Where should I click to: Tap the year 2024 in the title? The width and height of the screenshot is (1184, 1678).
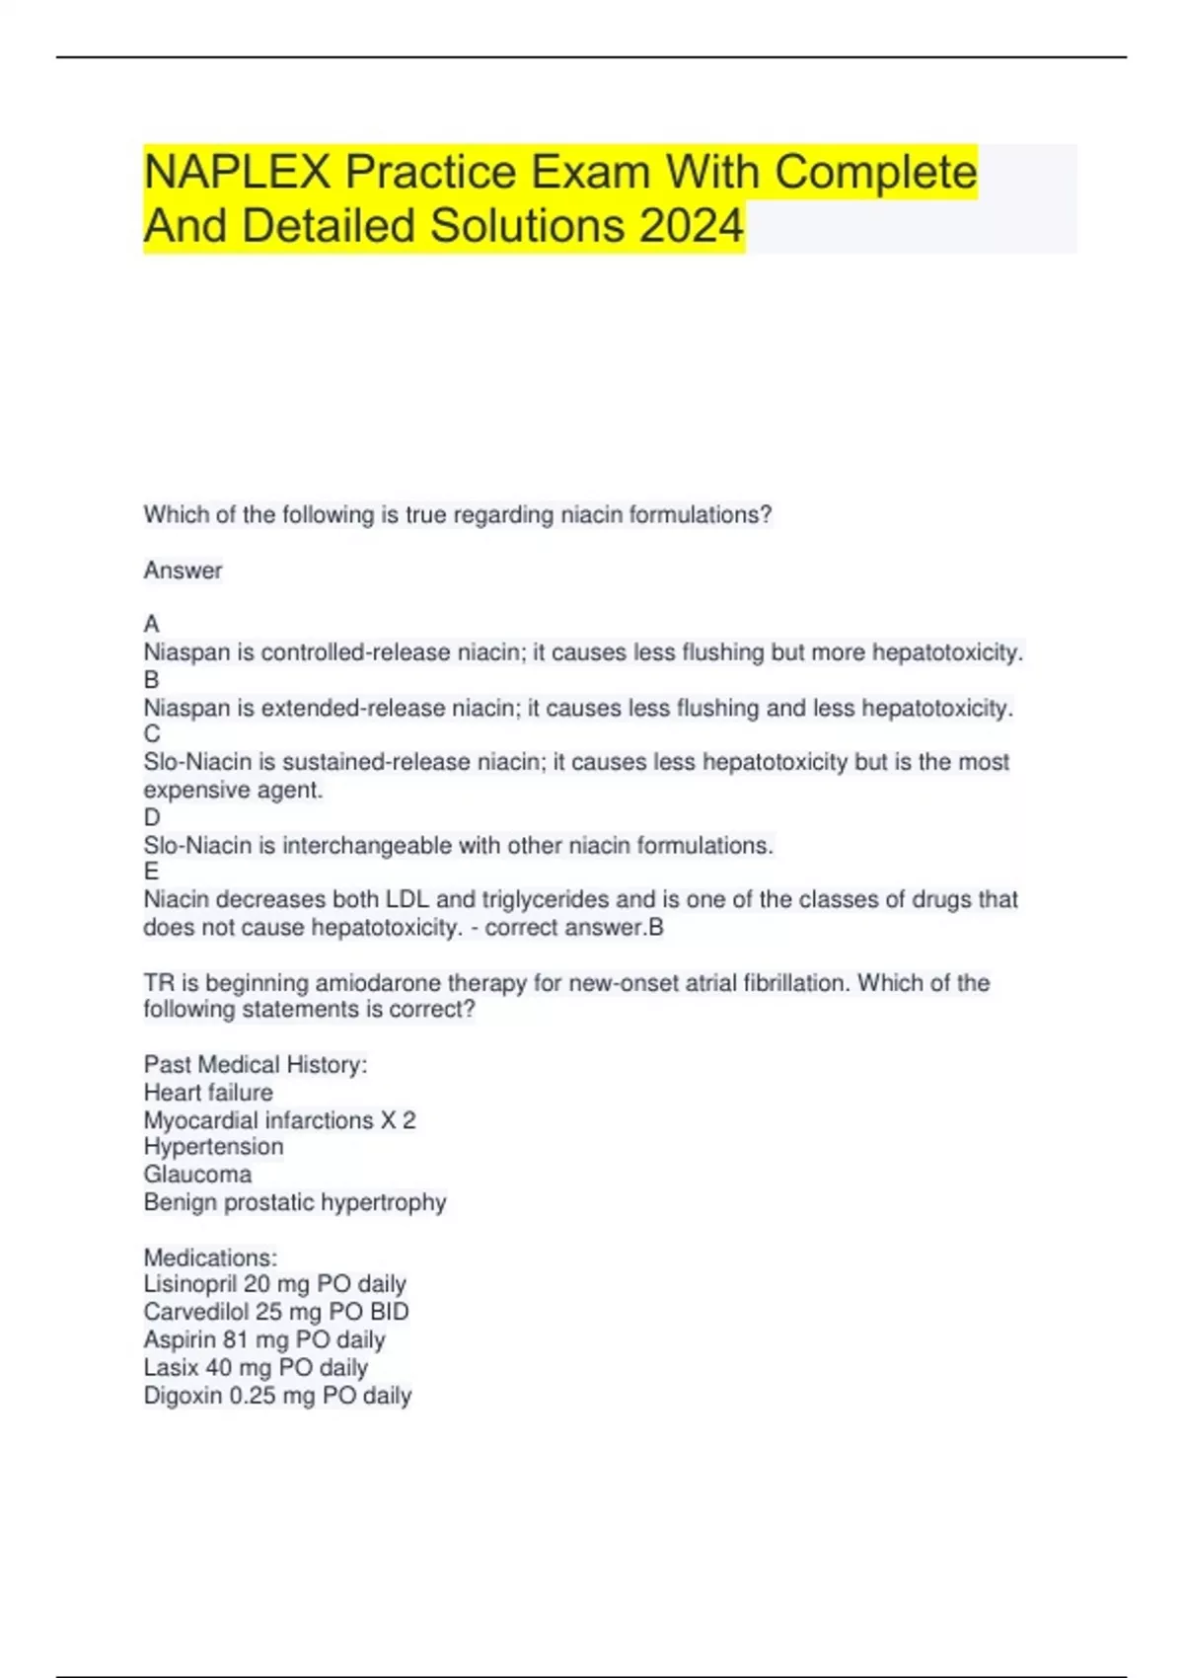click(691, 226)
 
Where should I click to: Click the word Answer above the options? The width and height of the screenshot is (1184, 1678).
click(183, 571)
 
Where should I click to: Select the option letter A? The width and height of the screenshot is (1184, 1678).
click(151, 624)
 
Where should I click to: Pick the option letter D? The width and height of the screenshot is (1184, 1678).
click(151, 817)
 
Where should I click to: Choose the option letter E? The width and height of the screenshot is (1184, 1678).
click(151, 872)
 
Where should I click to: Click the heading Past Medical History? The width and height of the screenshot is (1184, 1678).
click(256, 1064)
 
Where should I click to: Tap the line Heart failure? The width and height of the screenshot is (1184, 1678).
click(208, 1093)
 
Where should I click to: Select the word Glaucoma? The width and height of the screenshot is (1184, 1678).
click(197, 1175)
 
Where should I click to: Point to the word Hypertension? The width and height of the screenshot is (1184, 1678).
click(213, 1147)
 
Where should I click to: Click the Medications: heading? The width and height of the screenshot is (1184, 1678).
click(210, 1258)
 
